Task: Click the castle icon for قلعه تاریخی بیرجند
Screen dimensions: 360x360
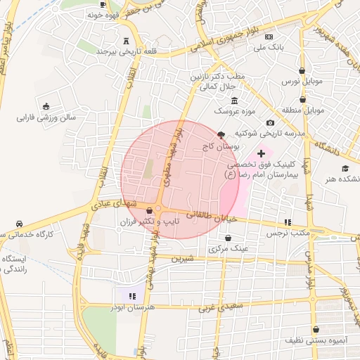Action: tap(126, 40)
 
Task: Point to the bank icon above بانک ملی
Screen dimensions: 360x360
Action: tap(269, 36)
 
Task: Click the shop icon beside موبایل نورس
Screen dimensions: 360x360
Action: tap(302, 70)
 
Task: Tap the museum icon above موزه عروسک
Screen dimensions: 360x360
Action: tap(234, 101)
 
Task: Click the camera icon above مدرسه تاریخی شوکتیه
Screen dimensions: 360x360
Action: tap(270, 123)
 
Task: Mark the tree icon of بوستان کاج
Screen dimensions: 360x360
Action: tap(221, 134)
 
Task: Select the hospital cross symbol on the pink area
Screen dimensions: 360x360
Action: tap(261, 153)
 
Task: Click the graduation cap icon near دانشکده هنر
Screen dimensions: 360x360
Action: tap(345, 168)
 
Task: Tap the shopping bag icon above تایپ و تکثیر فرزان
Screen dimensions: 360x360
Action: tap(149, 210)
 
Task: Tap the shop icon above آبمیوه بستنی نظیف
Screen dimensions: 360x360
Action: tap(316, 328)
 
